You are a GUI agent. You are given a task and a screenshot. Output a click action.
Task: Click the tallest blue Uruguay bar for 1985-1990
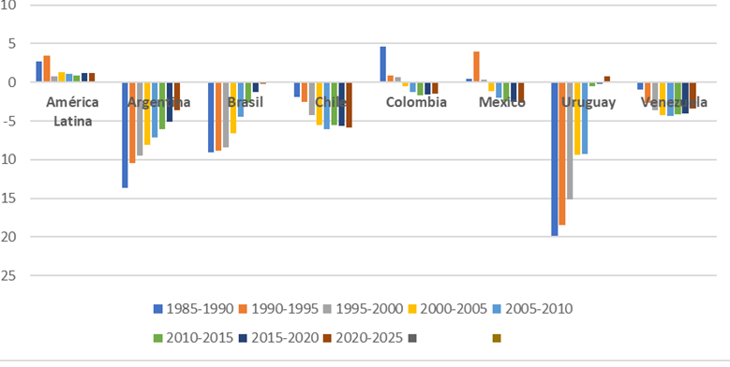click(x=555, y=158)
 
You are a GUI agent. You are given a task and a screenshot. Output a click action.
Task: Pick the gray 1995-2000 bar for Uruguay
click(x=570, y=140)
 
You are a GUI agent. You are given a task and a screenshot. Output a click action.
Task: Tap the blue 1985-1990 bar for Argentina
click(x=125, y=135)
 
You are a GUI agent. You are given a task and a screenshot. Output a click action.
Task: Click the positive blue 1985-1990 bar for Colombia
click(x=382, y=64)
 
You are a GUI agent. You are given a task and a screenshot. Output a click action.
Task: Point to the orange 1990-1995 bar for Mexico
click(x=476, y=66)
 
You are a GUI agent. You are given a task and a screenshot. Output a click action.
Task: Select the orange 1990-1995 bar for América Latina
click(x=47, y=68)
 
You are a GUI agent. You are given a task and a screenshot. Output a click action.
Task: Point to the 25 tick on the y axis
click(x=12, y=275)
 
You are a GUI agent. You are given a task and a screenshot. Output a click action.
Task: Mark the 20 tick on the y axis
click(x=12, y=237)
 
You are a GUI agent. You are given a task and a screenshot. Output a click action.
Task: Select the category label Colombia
click(x=416, y=102)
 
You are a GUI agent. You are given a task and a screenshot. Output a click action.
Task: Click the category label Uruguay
click(x=588, y=102)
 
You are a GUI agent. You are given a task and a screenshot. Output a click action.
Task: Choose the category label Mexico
click(x=501, y=102)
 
